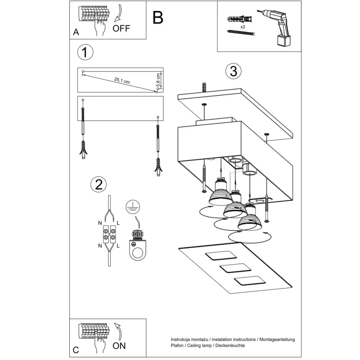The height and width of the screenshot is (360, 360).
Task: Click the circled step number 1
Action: point(85,52)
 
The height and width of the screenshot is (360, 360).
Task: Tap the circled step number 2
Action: point(99,184)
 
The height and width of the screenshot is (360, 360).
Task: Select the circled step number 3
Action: point(233,71)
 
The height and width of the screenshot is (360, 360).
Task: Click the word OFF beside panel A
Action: point(121,29)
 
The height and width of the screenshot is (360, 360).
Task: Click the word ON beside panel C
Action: point(119,346)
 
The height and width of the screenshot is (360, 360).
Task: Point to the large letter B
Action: point(158,17)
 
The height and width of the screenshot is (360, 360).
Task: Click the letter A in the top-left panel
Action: point(76,32)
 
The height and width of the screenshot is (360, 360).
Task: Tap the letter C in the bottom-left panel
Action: point(76,350)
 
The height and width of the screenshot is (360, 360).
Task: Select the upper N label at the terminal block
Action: point(100,223)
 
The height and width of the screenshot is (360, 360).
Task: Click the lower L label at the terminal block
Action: point(118,246)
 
